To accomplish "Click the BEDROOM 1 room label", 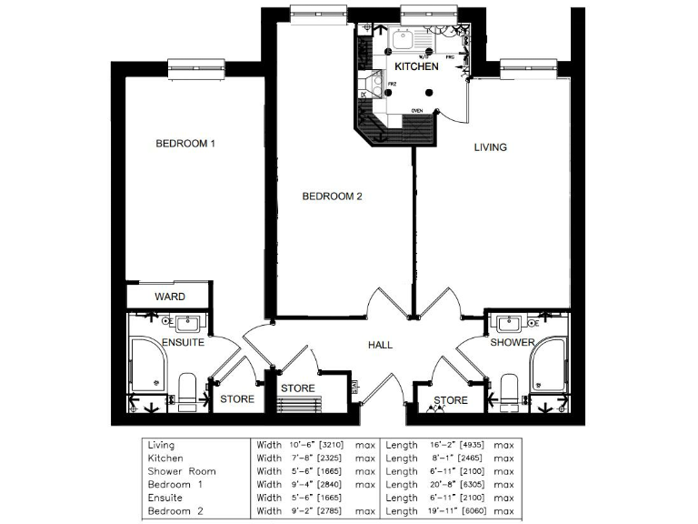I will click(x=184, y=144).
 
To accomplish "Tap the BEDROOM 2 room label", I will click(x=333, y=196).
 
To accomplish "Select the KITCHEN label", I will click(x=416, y=66).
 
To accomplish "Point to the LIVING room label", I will click(x=491, y=146).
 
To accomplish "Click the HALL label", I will click(x=380, y=346).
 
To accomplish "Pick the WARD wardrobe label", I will click(x=170, y=297).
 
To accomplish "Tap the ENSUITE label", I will click(x=183, y=343).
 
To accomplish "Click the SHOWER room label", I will click(x=513, y=343).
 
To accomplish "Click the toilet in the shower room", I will click(x=510, y=389).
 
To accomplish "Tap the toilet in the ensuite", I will click(x=188, y=389).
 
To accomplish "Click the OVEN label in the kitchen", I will click(x=417, y=111).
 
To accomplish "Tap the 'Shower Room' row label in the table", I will click(x=182, y=471).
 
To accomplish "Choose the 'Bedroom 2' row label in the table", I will click(x=176, y=511).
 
